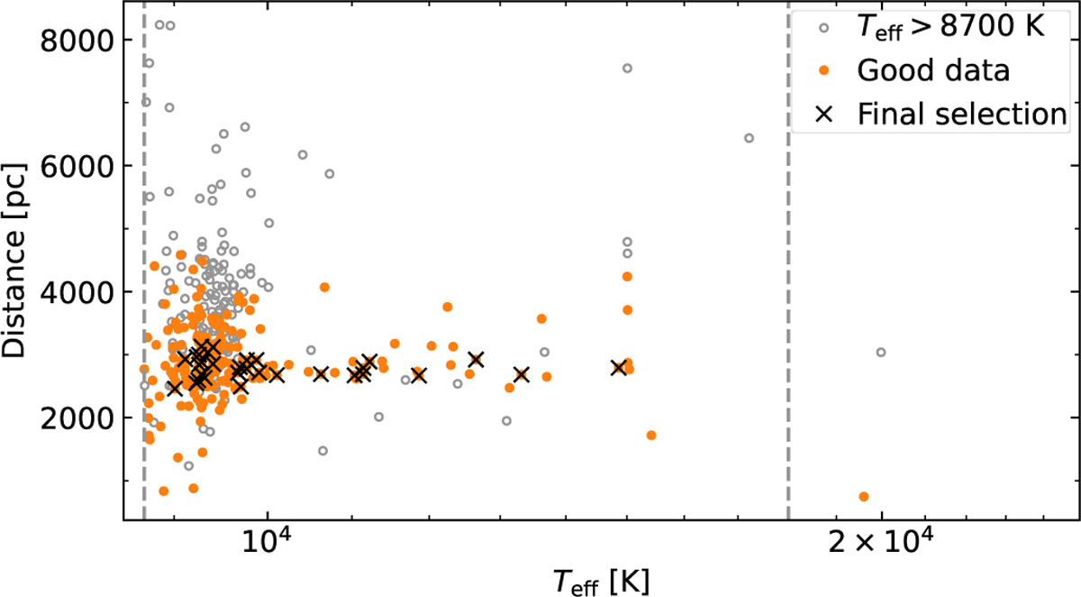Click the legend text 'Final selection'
962,114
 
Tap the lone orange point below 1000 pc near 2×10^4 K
864,497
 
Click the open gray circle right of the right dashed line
881,353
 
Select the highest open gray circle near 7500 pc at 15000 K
628,69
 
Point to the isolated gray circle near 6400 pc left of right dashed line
749,138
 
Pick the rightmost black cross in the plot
619,367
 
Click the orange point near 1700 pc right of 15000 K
651,436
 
